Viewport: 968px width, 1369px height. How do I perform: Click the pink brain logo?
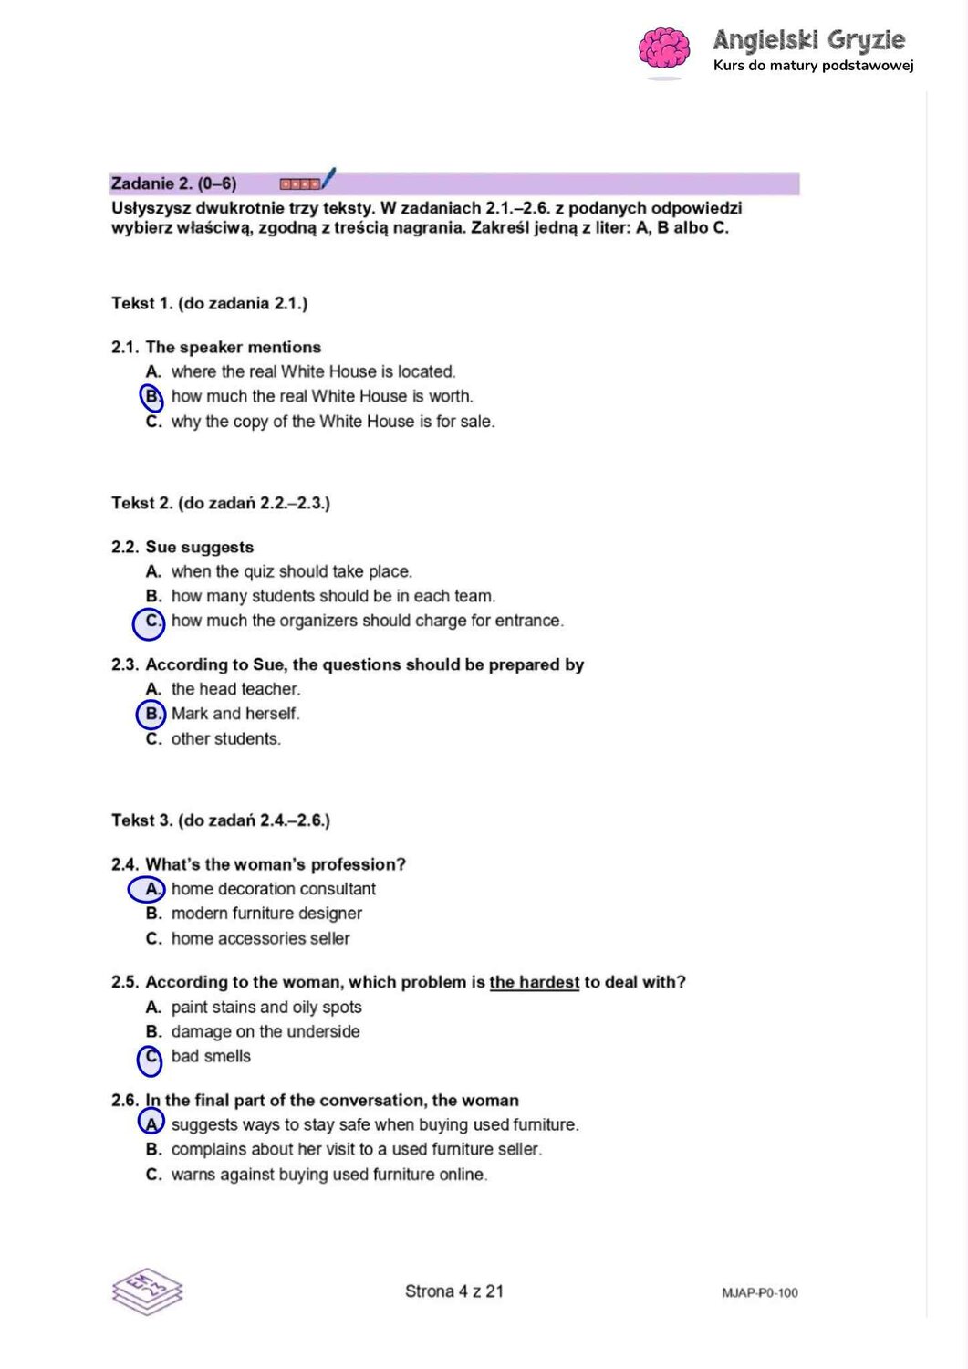pyautogui.click(x=663, y=48)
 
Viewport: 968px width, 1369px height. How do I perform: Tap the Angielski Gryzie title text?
pyautogui.click(x=808, y=40)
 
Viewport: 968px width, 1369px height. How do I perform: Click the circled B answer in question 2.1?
pyautogui.click(x=151, y=397)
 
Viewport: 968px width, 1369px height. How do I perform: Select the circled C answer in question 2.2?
pyautogui.click(x=150, y=622)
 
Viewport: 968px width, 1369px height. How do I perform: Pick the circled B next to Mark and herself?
pyautogui.click(x=151, y=714)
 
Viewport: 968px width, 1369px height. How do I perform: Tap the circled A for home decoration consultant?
pyautogui.click(x=148, y=889)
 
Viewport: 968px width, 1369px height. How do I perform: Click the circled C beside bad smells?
pyautogui.click(x=151, y=1058)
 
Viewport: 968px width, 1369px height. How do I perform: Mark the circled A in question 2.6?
pyautogui.click(x=151, y=1123)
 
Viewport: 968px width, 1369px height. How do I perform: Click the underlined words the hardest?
pyautogui.click(x=534, y=982)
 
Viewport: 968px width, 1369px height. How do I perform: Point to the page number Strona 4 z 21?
pyautogui.click(x=454, y=1291)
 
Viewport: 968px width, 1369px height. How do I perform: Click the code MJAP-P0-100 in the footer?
pyautogui.click(x=759, y=1292)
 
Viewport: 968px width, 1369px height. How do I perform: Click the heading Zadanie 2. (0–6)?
pyautogui.click(x=173, y=183)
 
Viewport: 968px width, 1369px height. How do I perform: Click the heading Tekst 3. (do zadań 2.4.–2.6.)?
pyautogui.click(x=220, y=820)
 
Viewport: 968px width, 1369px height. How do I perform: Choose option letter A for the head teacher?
pyautogui.click(x=152, y=689)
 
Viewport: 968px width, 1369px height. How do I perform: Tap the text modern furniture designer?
pyautogui.click(x=266, y=914)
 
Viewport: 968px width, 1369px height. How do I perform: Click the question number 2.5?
pyautogui.click(x=125, y=982)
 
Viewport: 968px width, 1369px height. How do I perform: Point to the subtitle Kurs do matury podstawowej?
pyautogui.click(x=813, y=66)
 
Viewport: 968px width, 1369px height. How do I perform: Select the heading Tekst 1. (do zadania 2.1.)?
pyautogui.click(x=209, y=303)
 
